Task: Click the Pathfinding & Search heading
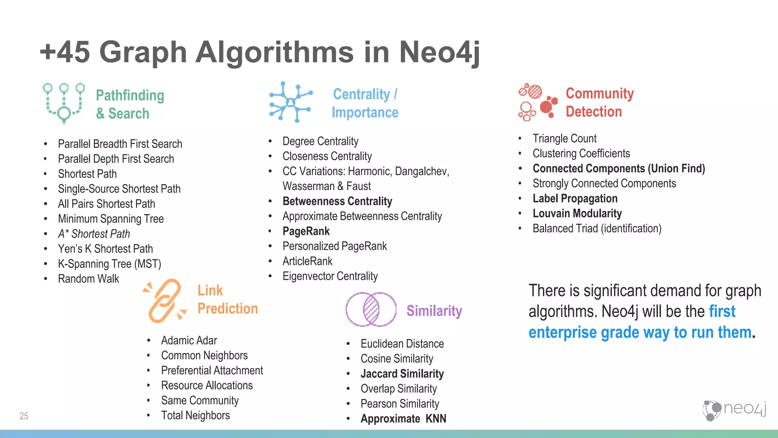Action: coord(130,104)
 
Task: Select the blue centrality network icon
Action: coord(291,102)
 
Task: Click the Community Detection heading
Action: coord(599,103)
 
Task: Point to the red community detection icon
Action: coord(538,102)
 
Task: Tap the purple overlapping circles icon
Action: coord(371,309)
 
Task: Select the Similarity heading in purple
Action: coord(434,311)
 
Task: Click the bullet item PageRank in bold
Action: coord(306,231)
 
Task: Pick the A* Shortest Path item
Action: coord(94,234)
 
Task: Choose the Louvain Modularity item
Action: coord(577,214)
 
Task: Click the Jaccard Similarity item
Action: coord(402,374)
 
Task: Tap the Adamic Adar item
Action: coord(189,340)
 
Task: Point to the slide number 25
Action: coord(24,416)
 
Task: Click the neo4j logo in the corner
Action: coord(734,410)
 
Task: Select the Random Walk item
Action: coord(89,279)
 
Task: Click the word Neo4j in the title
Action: coord(439,52)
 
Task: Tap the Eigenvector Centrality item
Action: coord(330,276)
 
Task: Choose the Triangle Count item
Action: coord(564,138)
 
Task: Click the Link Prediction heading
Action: coord(227,300)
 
